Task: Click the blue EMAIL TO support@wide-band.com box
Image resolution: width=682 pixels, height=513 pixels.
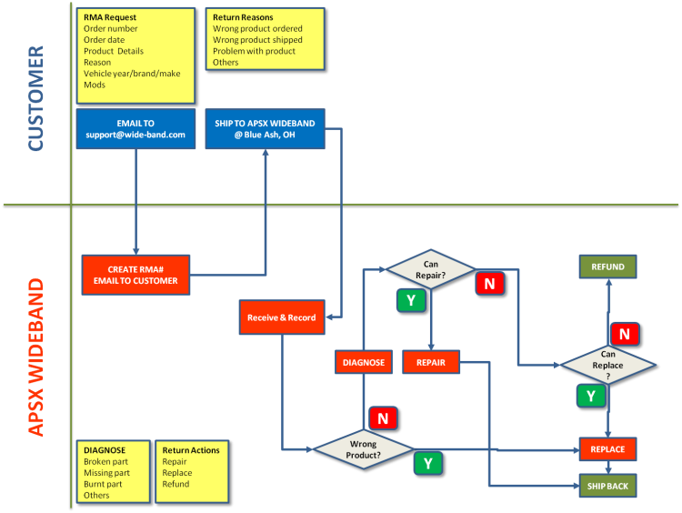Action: [135, 128]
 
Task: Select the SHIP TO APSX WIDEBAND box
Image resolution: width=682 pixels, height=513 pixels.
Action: [264, 128]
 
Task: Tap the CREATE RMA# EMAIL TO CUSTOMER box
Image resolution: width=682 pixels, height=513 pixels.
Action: [135, 275]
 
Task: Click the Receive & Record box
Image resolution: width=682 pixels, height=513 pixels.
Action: [281, 317]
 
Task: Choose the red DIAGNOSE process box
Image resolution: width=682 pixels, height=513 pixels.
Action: [364, 362]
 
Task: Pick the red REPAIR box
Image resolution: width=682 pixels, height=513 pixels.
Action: [430, 362]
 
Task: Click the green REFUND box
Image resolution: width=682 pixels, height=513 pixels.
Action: [607, 267]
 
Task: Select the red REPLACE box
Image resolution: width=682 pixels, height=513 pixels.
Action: [607, 449]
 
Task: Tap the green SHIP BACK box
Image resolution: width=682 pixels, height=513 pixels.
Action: [607, 486]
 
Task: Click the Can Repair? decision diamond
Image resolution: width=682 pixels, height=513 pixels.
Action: [431, 269]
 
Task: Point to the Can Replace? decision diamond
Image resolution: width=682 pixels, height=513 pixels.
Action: [607, 365]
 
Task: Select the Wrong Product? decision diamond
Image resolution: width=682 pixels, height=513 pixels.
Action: [363, 449]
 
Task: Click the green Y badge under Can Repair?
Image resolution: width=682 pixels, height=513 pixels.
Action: [409, 300]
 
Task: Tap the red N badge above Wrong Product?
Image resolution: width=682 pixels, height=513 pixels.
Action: [383, 418]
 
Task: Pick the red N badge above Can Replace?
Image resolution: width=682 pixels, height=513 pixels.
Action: [625, 334]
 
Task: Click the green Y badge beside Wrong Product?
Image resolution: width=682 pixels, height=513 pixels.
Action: [428, 463]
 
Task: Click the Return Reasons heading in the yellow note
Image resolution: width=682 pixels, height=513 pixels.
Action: [243, 17]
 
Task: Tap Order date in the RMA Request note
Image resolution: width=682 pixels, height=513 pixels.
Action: [104, 40]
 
